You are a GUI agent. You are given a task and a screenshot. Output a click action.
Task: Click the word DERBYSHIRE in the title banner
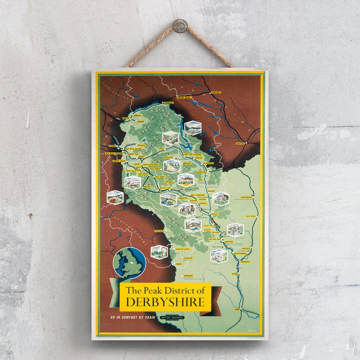click(x=165, y=302)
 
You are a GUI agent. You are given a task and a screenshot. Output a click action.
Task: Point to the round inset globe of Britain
click(x=129, y=263)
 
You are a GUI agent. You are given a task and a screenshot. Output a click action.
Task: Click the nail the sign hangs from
click(x=179, y=25)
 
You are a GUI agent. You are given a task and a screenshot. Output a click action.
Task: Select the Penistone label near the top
click(x=215, y=92)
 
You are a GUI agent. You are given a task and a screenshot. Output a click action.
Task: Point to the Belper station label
click(x=235, y=274)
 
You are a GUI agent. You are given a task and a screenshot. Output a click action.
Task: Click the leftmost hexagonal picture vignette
click(x=115, y=197)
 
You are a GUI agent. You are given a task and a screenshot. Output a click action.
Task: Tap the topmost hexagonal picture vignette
click(x=192, y=128)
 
